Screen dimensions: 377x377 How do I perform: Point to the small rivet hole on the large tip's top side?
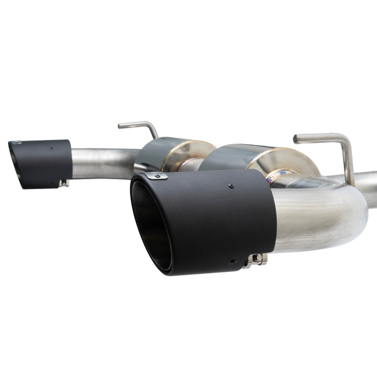click(231, 186)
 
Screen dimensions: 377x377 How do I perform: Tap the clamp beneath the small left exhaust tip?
click(64, 183)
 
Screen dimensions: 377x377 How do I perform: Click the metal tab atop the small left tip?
click(17, 143)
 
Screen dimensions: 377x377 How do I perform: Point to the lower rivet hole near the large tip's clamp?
click(233, 262)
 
